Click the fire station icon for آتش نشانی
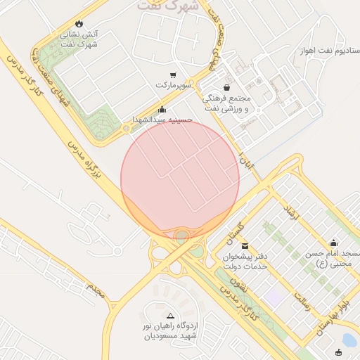[x=78, y=23]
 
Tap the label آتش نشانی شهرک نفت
[x=79, y=39]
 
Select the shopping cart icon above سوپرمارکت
[x=173, y=75]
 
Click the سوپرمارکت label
[x=173, y=85]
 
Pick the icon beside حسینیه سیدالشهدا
[x=162, y=110]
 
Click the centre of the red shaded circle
[x=180, y=179]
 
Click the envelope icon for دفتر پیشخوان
[x=245, y=245]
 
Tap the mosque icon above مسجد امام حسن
[x=333, y=243]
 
